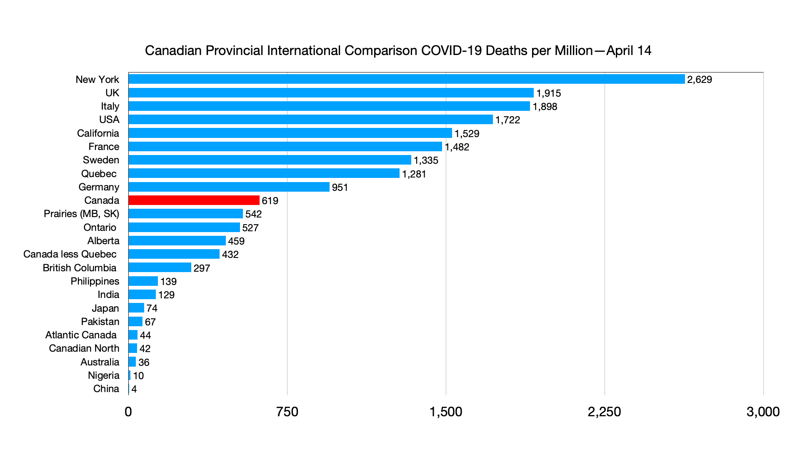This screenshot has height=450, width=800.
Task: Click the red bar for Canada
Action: pos(194,200)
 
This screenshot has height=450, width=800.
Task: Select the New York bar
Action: pos(406,79)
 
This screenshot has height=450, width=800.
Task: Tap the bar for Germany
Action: pos(229,187)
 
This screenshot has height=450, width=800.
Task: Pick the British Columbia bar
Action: pos(160,267)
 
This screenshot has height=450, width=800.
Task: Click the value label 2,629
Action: pos(700,80)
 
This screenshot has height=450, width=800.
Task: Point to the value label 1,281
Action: pos(414,174)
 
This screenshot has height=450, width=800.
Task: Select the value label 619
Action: pos(270,201)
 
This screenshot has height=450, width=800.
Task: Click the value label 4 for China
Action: pos(134,389)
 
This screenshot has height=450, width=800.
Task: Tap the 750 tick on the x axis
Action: pos(287,412)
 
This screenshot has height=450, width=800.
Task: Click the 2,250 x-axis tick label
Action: pos(604,412)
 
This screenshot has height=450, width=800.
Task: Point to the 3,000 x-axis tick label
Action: pos(763,412)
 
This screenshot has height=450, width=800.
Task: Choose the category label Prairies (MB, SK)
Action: pos(81,214)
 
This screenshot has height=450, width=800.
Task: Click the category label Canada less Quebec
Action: pos(70,254)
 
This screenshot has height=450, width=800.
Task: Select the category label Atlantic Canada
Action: pos(81,335)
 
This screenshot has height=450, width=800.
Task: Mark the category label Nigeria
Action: pos(103,375)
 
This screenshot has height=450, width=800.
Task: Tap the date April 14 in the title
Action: pos(629,51)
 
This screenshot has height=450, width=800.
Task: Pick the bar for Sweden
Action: pos(270,160)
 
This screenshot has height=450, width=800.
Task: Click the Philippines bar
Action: pos(143,281)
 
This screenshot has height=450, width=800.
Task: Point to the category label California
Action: pos(98,133)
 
